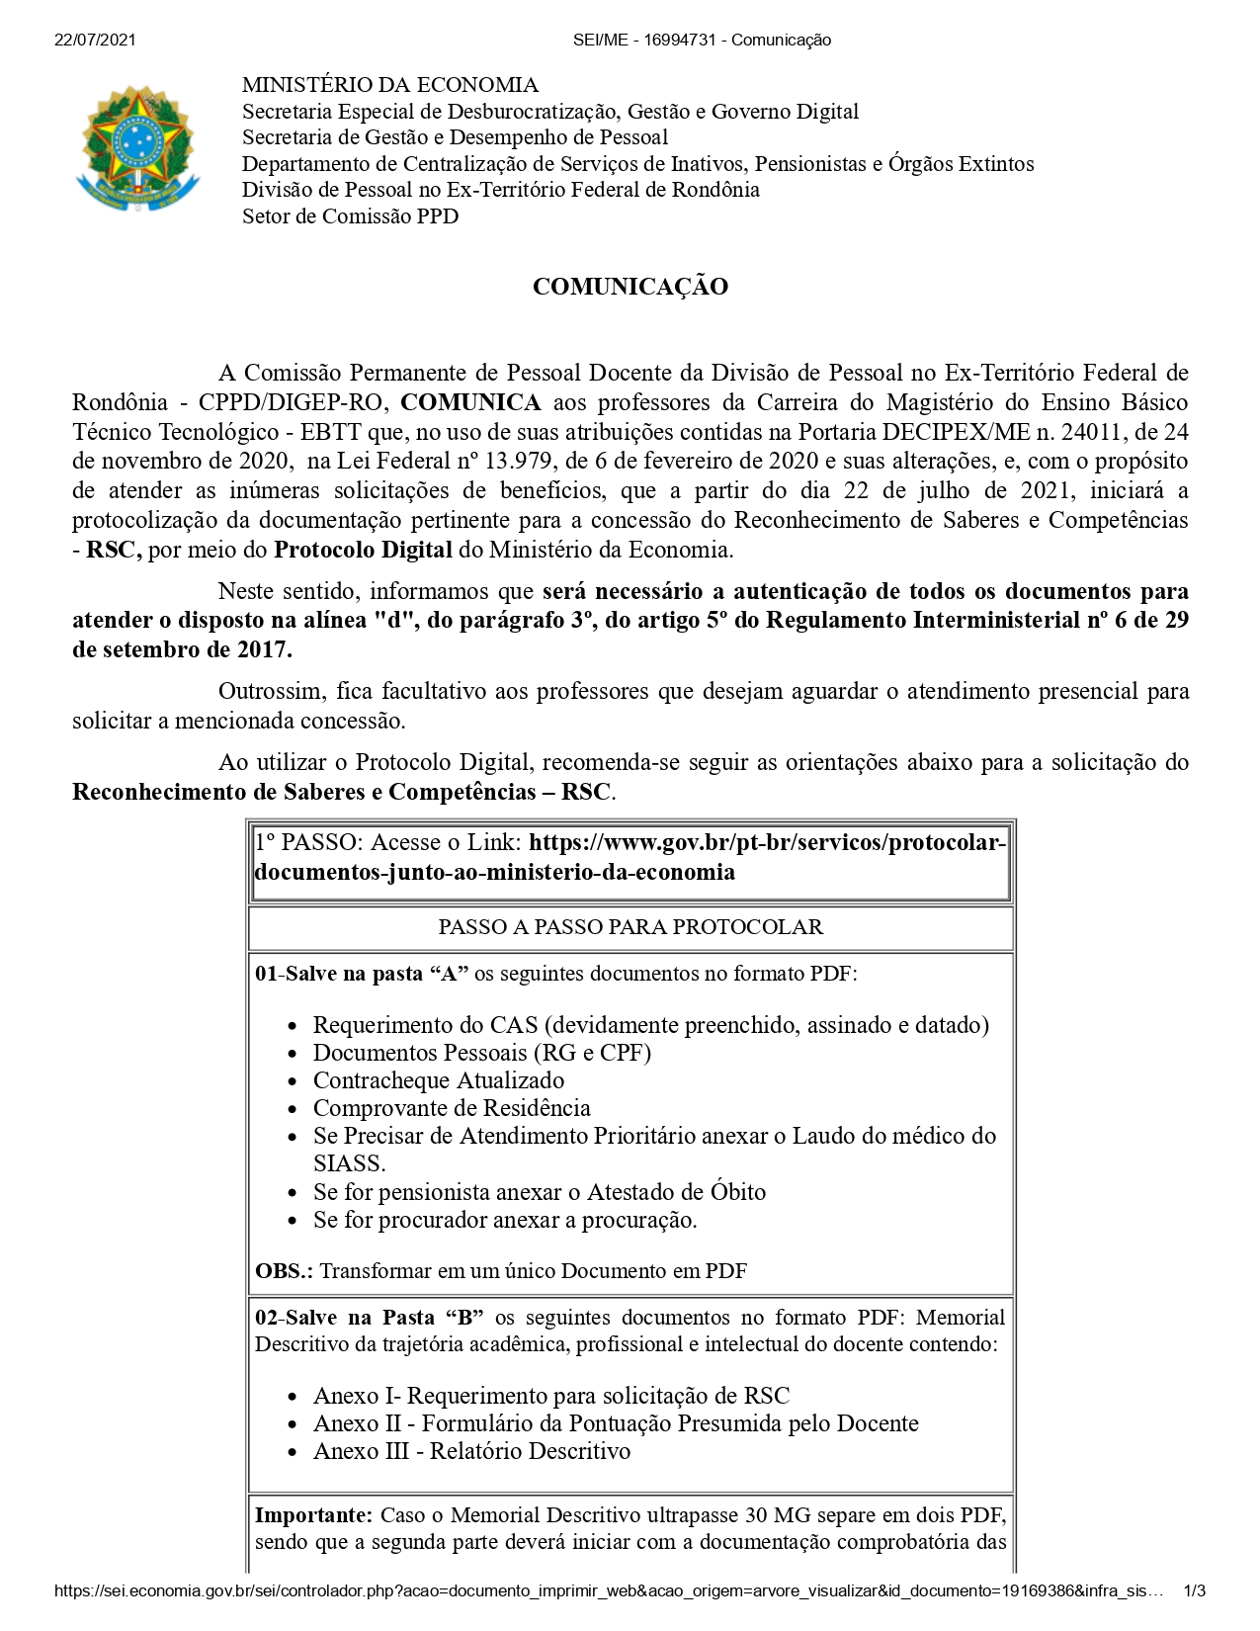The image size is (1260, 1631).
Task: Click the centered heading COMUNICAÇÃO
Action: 630,287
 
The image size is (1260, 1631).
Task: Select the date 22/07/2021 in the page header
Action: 95,40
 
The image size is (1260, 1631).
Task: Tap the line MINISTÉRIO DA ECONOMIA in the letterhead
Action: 390,85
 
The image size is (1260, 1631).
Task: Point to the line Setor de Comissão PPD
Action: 350,216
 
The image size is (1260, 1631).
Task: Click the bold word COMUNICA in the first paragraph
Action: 470,402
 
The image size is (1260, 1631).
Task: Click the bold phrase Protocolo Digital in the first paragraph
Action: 363,550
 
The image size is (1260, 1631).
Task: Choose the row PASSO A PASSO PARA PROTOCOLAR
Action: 630,927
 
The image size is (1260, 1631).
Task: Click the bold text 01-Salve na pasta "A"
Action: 362,974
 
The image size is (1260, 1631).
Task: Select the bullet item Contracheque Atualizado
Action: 439,1080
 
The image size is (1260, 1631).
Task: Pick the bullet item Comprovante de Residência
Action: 452,1108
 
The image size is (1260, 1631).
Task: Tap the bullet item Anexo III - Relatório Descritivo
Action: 471,1451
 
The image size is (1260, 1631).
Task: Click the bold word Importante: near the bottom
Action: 313,1515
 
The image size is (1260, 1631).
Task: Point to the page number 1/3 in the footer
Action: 1194,1591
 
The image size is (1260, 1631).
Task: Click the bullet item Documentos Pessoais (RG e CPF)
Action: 481,1053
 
